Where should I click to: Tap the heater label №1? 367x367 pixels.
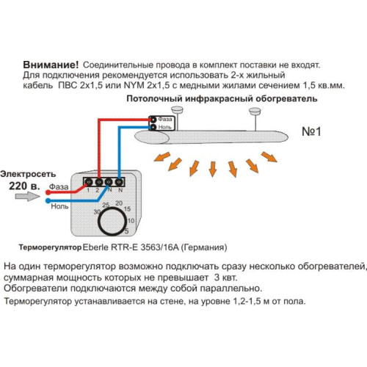[314, 133]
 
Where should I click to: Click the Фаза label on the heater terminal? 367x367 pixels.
[166, 118]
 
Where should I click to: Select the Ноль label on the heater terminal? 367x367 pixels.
[166, 126]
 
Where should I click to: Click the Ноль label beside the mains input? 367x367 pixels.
[59, 206]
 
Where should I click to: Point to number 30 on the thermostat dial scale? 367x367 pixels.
[97, 211]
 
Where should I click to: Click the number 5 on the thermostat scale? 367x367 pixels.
[129, 227]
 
